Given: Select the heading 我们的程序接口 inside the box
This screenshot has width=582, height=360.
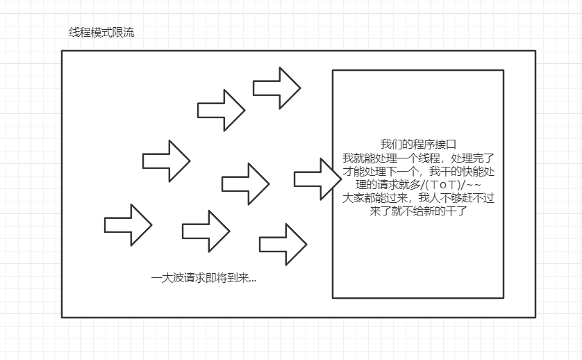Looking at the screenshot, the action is [x=418, y=145].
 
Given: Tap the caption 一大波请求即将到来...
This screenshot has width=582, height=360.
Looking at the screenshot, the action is [x=203, y=278].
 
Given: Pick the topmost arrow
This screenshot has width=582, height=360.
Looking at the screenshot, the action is [x=276, y=88].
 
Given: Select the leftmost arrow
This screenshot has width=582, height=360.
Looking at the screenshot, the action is [x=128, y=224].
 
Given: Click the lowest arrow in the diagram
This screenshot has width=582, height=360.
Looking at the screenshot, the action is [x=283, y=244].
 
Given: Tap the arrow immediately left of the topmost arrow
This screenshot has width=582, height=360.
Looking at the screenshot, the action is [x=221, y=110].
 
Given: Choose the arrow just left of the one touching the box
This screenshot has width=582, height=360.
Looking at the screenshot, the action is [x=245, y=183].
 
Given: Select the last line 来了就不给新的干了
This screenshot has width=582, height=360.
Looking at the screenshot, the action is [x=419, y=211].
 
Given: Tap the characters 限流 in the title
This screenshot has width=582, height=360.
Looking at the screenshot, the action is [x=125, y=33].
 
